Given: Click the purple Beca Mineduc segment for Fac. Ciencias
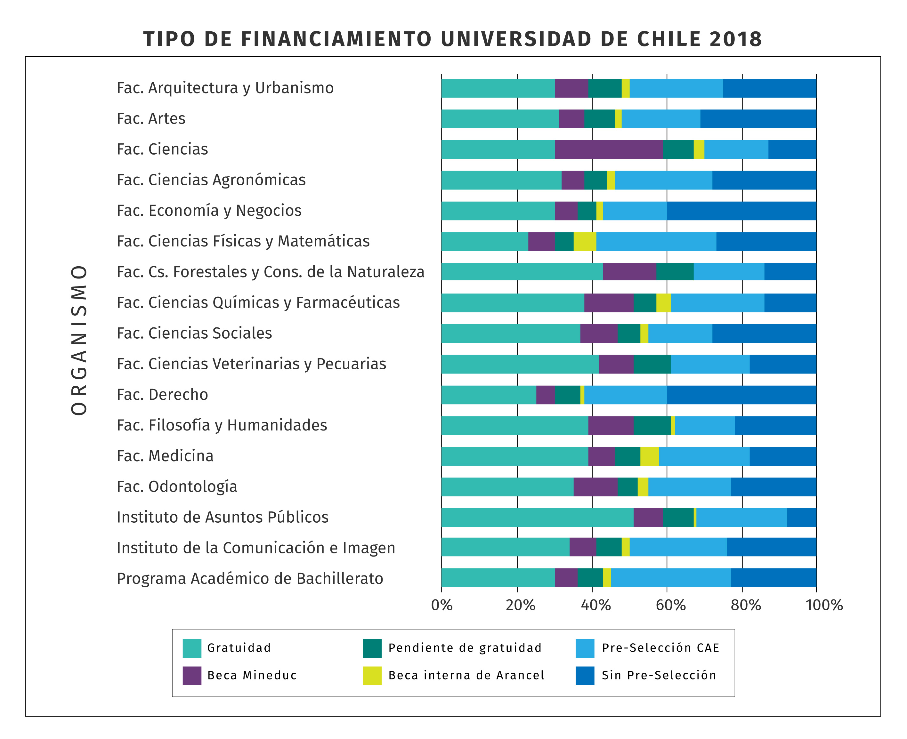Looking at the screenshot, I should tap(609, 149).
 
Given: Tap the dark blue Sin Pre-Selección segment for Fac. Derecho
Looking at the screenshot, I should tap(741, 395).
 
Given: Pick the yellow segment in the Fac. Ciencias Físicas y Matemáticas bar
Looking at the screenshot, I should tap(585, 241).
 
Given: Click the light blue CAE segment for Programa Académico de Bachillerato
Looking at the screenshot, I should tap(671, 578).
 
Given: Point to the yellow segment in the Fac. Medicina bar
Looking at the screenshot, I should tap(649, 456).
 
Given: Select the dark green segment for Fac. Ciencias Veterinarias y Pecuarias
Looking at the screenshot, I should tap(652, 364).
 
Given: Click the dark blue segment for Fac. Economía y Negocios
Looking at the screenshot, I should tap(741, 211).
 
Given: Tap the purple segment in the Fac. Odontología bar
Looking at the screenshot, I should tap(595, 486).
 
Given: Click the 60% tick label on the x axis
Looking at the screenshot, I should tap(671, 605).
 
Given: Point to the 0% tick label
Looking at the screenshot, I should tap(441, 605).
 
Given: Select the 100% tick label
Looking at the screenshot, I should tap(824, 605).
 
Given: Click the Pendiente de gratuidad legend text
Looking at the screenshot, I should tap(465, 648).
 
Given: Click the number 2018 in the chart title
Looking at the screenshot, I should tap(735, 39).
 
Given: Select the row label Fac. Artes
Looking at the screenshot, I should tap(151, 119).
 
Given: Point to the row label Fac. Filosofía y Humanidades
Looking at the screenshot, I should tap(222, 425).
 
